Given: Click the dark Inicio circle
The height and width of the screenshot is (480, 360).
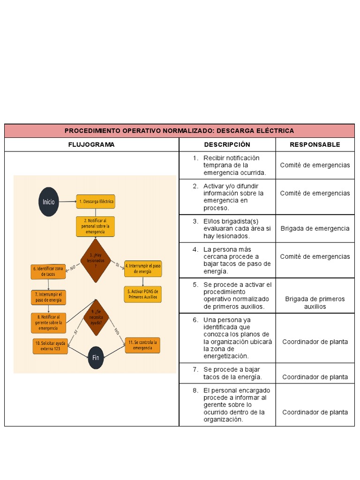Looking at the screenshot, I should click(x=49, y=202).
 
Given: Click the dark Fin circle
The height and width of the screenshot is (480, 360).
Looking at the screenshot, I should click(x=96, y=358).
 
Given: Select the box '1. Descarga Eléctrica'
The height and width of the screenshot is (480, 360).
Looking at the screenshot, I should click(x=96, y=202).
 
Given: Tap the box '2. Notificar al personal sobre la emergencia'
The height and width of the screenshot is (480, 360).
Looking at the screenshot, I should click(x=95, y=226).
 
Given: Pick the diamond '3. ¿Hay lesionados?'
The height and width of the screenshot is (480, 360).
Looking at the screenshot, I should click(x=96, y=261).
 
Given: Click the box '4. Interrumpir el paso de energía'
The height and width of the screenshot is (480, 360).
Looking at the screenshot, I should click(x=143, y=269).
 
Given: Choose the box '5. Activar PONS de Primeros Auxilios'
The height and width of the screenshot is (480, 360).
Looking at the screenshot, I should click(x=143, y=294).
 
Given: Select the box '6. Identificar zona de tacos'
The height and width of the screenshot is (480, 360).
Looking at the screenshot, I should click(x=48, y=271).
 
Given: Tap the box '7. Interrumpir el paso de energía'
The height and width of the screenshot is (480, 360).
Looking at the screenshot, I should click(x=48, y=297).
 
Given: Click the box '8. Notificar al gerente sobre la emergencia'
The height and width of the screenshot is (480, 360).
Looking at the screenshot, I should click(x=48, y=322).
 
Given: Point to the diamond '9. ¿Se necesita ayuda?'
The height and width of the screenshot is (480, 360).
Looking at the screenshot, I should click(x=96, y=318).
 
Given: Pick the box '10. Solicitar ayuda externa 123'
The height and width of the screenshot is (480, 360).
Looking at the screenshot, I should click(x=50, y=346).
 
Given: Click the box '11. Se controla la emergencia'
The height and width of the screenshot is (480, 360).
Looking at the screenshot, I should click(x=142, y=345).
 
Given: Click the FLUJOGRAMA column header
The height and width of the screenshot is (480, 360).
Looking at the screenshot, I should click(x=91, y=144).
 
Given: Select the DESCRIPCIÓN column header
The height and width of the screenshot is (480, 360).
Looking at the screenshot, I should click(x=227, y=144).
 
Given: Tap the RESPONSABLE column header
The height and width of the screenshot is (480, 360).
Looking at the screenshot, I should click(x=315, y=144).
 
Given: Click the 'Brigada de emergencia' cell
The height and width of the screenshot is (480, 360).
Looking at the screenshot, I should click(x=315, y=228).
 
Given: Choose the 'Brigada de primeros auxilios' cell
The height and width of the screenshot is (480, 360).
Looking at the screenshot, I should click(x=315, y=303).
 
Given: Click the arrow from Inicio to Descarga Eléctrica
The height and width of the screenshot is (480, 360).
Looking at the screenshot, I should click(x=67, y=202).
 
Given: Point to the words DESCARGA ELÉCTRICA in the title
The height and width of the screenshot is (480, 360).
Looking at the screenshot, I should click(x=255, y=131).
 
